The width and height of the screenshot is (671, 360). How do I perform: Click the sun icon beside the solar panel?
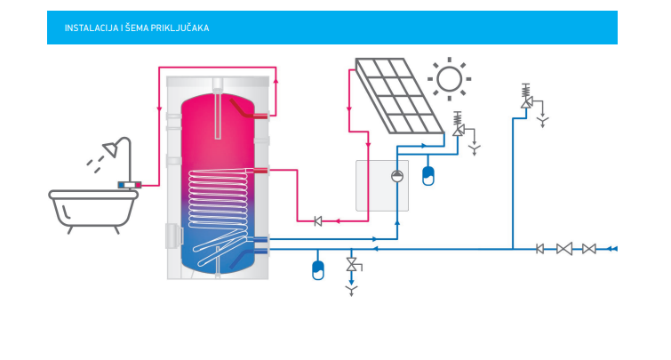(x=450, y=79)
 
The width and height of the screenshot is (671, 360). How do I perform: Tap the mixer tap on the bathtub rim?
(x=130, y=184)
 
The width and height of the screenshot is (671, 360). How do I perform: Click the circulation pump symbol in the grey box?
(x=396, y=175)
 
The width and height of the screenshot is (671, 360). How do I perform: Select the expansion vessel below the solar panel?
(x=428, y=174)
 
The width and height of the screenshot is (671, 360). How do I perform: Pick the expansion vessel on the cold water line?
(x=319, y=268)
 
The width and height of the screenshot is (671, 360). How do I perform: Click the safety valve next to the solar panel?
(x=459, y=126)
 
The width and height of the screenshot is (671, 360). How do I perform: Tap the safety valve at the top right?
(x=526, y=99)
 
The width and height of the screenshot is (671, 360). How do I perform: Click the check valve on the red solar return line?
(x=317, y=221)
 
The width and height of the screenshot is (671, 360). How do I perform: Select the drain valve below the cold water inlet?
(x=353, y=267)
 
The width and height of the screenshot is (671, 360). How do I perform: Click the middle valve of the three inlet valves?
(x=563, y=249)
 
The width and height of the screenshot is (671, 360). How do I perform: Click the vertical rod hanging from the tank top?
(x=218, y=111)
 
